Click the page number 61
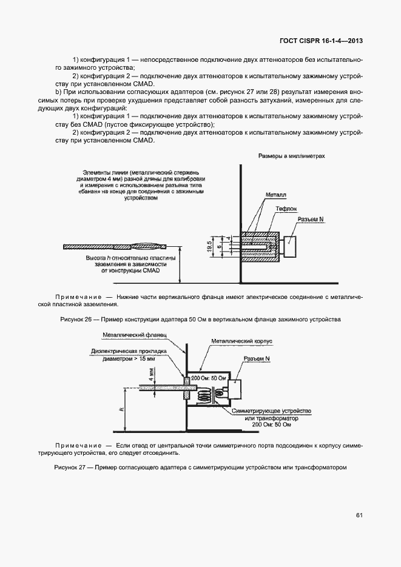360,515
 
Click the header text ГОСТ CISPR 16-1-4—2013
321,41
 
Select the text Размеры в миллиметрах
292,156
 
